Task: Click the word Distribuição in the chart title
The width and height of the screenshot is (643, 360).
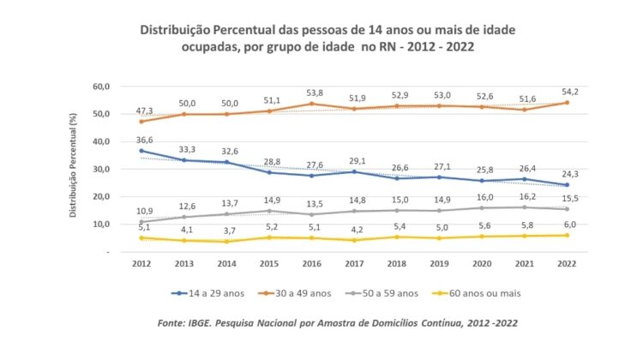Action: tap(181, 29)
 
